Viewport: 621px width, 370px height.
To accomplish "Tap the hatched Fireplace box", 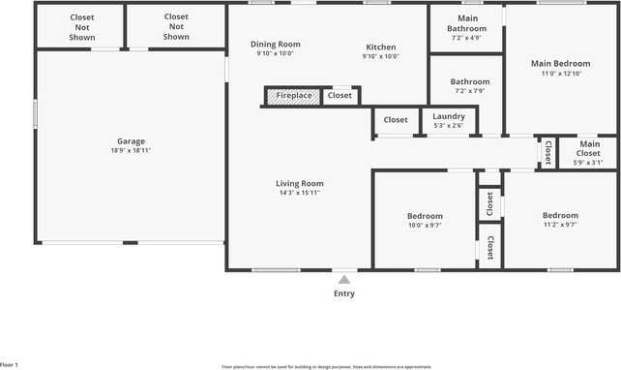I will (x=294, y=96).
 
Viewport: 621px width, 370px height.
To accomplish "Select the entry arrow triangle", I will (x=343, y=280).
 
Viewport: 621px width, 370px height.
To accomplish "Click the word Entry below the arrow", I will (x=343, y=293).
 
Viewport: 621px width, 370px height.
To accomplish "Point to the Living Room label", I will (x=300, y=183).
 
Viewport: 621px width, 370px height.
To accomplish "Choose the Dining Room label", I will (x=276, y=45).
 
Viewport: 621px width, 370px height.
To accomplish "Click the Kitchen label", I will (x=380, y=46).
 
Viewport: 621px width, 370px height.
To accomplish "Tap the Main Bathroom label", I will (x=467, y=23).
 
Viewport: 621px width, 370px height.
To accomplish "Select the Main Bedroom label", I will (x=560, y=64).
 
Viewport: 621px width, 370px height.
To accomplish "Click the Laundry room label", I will (x=449, y=116).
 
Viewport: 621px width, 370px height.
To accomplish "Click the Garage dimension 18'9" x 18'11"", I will (x=131, y=151).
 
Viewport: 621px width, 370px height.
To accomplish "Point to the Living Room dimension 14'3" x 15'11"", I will (x=300, y=193).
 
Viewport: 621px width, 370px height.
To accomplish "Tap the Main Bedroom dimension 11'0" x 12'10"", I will (x=560, y=74).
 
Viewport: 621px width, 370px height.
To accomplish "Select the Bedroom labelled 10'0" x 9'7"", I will (x=424, y=215).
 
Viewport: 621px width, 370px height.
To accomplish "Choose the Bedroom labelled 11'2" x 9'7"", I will (x=559, y=215).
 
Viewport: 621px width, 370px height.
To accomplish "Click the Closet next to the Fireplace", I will (x=340, y=96).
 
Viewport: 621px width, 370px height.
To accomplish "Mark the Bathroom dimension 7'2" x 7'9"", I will (x=466, y=91).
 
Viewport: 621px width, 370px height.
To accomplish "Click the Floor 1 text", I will (x=10, y=365).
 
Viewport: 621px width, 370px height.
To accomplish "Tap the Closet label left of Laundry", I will (x=396, y=120).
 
